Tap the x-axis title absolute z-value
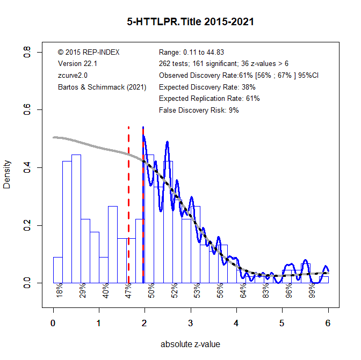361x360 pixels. tap(190, 344)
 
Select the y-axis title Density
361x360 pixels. tap(7, 174)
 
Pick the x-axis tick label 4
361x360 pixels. tap(236, 324)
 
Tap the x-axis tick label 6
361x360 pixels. tap(328, 324)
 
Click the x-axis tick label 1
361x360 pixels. tap(99, 324)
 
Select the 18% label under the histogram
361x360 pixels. tap(60, 291)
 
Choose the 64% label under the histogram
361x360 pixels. tap(243, 291)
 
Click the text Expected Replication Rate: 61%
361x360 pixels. tap(210, 99)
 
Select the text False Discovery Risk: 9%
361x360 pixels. tap(199, 111)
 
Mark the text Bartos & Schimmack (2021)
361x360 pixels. tap(102, 87)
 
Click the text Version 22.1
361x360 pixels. tap(77, 64)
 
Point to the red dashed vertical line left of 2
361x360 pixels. tap(128, 204)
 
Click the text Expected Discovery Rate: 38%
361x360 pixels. tap(207, 87)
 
